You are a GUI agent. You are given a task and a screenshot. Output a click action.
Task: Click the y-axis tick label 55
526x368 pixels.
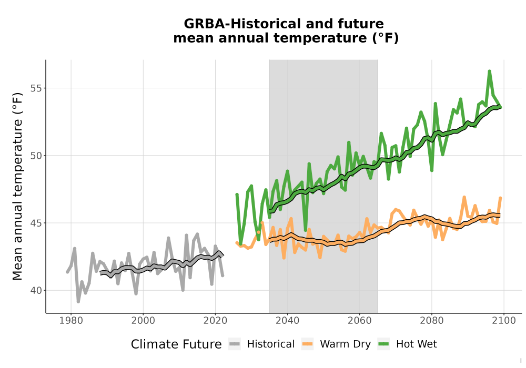pyautogui.click(x=37, y=88)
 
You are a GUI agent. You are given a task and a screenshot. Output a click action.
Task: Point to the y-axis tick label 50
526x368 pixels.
pyautogui.click(x=37, y=156)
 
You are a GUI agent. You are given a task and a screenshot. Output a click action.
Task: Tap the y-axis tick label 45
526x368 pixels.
pyautogui.click(x=37, y=223)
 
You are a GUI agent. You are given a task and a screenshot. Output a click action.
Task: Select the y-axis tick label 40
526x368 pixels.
pyautogui.click(x=37, y=290)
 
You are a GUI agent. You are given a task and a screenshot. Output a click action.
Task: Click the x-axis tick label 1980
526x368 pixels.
pyautogui.click(x=71, y=320)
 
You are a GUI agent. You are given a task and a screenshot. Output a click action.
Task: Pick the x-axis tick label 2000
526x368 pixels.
pyautogui.click(x=143, y=320)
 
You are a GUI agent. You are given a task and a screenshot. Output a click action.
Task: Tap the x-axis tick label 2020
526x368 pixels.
pyautogui.click(x=215, y=320)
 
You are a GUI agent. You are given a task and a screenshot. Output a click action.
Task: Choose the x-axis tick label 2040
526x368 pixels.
pyautogui.click(x=288, y=320)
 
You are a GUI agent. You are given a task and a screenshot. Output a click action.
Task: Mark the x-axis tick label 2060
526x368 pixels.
pyautogui.click(x=360, y=320)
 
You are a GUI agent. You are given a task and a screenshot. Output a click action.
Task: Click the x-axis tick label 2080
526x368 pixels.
pyautogui.click(x=432, y=320)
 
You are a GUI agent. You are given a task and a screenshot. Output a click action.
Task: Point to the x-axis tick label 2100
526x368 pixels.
pyautogui.click(x=504, y=320)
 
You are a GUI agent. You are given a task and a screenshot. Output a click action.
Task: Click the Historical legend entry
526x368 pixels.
pyautogui.click(x=261, y=344)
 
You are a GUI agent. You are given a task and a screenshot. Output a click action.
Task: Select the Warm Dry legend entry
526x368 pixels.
pyautogui.click(x=336, y=344)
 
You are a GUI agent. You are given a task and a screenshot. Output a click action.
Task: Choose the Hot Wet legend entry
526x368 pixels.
pyautogui.click(x=408, y=344)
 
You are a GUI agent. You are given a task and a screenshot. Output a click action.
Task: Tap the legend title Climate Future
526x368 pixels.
pyautogui.click(x=176, y=344)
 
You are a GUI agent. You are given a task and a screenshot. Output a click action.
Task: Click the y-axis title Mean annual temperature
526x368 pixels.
pyautogui.click(x=17, y=187)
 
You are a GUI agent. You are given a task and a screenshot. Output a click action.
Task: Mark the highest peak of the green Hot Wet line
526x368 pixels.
pyautogui.click(x=489, y=71)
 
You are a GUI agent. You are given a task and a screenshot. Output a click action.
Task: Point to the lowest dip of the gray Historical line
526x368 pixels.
pyautogui.click(x=78, y=302)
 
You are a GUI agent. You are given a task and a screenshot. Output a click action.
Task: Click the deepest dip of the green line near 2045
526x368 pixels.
pyautogui.click(x=305, y=230)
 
